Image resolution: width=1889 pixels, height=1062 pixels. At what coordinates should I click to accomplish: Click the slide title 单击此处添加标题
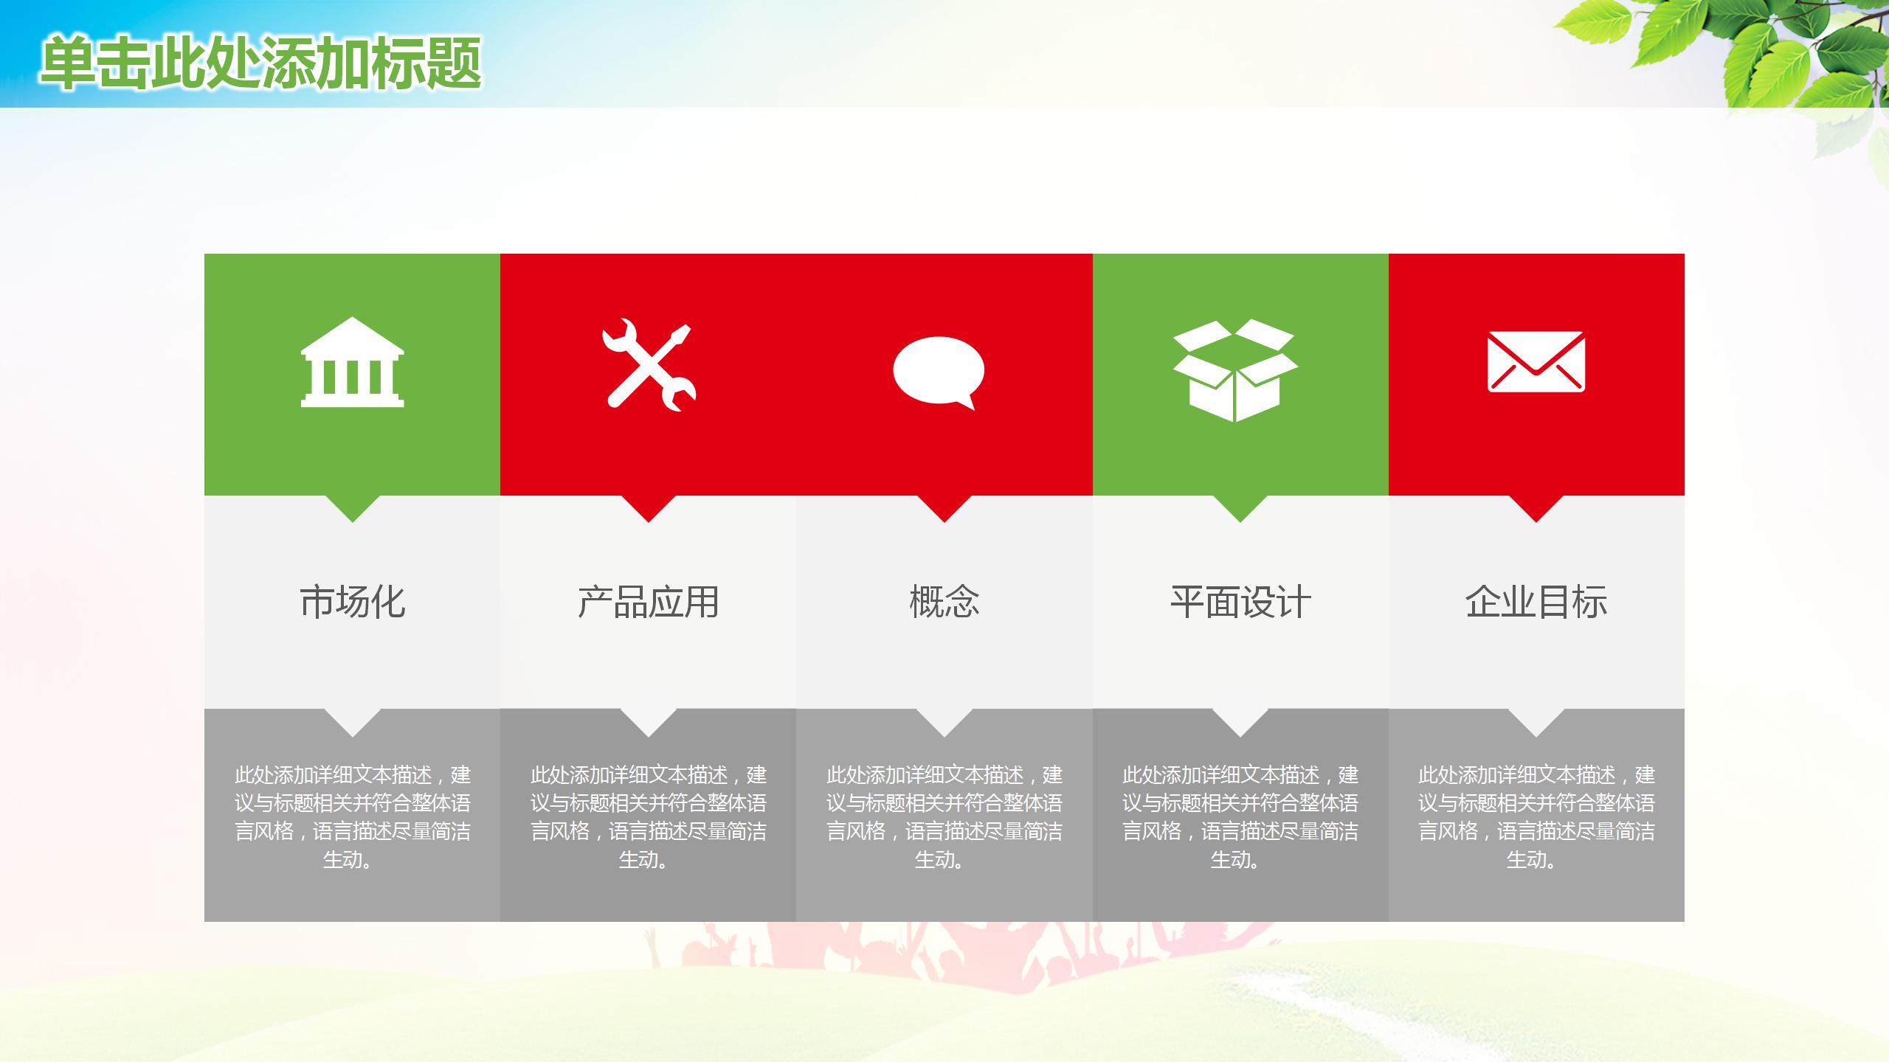pos(261,63)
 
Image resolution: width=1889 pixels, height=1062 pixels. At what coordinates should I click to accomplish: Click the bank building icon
pos(352,363)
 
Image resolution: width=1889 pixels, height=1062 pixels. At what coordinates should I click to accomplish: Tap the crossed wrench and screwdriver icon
pos(649,364)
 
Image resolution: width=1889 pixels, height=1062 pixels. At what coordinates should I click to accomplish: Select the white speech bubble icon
pos(939,371)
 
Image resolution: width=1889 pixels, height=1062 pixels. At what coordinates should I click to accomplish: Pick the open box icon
pos(1235,370)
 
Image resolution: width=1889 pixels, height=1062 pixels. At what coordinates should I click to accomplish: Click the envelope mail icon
pos(1536,361)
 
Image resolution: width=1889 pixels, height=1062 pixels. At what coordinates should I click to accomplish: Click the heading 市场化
pos(352,602)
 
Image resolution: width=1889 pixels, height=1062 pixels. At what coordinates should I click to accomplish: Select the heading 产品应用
pos(648,602)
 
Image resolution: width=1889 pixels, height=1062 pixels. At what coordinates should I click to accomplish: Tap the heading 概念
pos(944,602)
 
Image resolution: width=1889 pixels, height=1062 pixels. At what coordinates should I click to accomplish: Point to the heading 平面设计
pos(1240,602)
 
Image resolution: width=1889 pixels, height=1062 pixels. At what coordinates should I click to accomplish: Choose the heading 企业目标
pos(1536,602)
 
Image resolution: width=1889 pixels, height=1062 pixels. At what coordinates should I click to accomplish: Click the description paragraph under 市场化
pos(352,816)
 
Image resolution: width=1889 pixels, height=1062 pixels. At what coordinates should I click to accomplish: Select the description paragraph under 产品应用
pos(648,816)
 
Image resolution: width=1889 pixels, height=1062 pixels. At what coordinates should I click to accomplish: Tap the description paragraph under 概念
pos(944,816)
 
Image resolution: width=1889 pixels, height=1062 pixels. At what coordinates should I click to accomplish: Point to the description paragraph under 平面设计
pos(1240,816)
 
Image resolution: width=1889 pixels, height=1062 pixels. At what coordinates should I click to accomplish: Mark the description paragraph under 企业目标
pos(1536,816)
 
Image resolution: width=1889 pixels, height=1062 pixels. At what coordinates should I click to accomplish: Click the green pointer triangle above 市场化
pos(352,507)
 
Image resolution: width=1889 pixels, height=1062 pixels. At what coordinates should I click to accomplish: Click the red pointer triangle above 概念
pos(944,507)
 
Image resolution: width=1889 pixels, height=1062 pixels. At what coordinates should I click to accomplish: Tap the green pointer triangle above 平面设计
pos(1240,507)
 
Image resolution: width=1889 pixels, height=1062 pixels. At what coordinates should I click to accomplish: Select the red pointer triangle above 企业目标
pos(1536,507)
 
